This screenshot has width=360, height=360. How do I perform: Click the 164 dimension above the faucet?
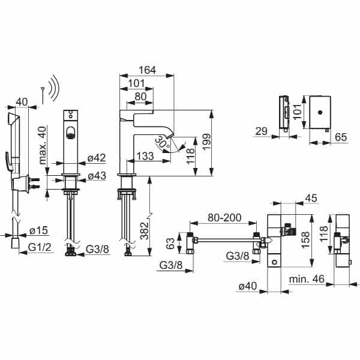[x=147, y=70]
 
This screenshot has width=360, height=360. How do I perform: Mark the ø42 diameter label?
[x=97, y=158]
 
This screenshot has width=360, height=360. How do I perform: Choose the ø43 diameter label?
[x=97, y=176]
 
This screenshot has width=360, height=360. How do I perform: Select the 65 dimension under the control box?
[x=340, y=137]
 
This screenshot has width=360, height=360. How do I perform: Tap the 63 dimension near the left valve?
[x=170, y=244]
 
